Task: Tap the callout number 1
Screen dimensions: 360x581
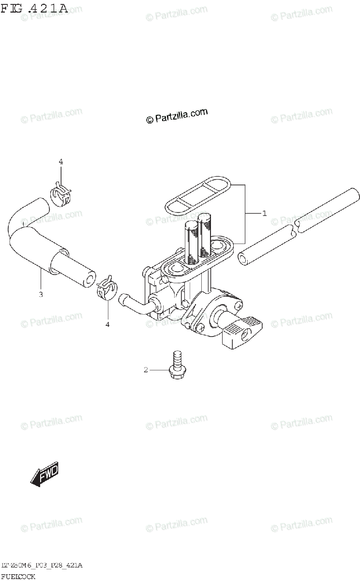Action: pos(264,213)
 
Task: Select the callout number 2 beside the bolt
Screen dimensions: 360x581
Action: pos(145,370)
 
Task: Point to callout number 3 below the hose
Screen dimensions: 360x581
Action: pos(41,294)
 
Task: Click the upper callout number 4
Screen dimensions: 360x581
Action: pos(61,162)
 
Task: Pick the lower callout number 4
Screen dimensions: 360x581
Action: pos(107,324)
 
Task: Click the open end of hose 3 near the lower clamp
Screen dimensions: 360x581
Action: pos(90,279)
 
